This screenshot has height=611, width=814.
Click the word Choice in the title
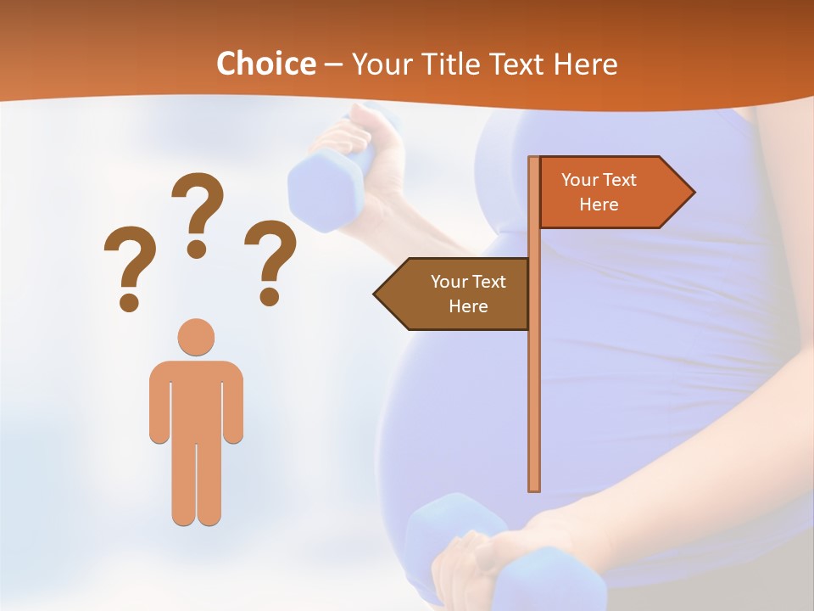[265, 64]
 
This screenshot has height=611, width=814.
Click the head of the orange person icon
[196, 337]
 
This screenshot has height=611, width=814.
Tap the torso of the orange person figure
[196, 399]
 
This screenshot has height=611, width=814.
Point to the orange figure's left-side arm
[159, 403]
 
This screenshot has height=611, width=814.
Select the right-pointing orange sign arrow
[615, 193]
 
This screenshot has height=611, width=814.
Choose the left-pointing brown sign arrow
[454, 294]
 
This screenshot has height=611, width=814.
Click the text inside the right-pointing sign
[599, 192]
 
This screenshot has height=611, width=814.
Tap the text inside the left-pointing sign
[468, 294]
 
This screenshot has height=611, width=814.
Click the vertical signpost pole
[534, 382]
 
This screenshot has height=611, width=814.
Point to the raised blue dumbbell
[318, 187]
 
